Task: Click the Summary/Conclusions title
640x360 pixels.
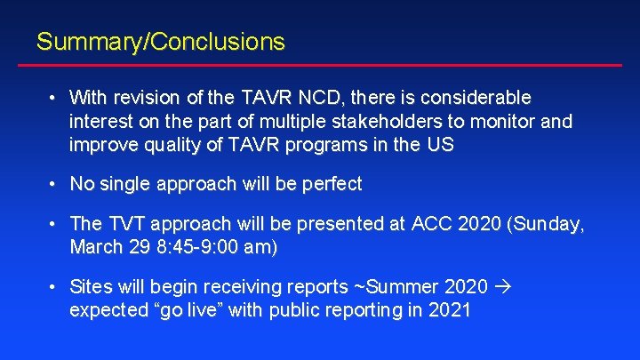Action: coord(160,42)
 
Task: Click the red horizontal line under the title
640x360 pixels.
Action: coord(329,65)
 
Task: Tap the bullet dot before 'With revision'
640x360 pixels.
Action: coord(54,96)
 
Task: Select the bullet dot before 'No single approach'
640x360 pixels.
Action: coord(54,184)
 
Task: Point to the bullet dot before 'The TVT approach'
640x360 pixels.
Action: coord(54,224)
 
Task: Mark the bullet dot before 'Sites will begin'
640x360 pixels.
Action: coord(54,286)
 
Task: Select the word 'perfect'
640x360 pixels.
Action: coord(330,184)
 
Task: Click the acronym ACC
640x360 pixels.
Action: coord(430,224)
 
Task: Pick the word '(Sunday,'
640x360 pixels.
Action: coord(546,224)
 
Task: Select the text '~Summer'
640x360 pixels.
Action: coord(402,286)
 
